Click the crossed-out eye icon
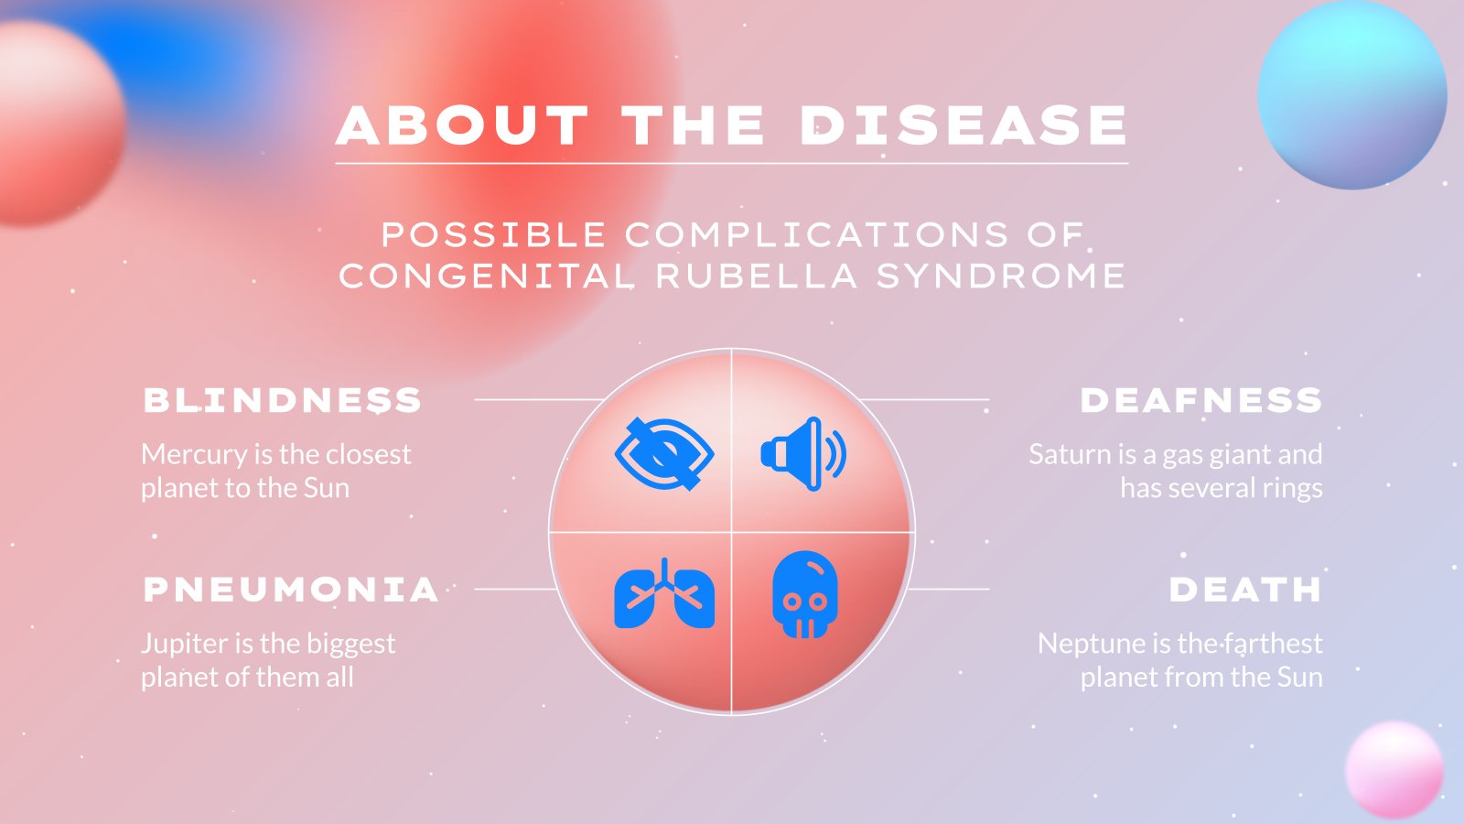(x=664, y=454)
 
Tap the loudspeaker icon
(x=803, y=454)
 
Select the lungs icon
(x=664, y=593)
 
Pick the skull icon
(x=805, y=594)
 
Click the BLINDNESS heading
(x=283, y=400)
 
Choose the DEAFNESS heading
(x=1201, y=400)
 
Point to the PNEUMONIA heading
(x=291, y=590)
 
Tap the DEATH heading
(x=1245, y=590)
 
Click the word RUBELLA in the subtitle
(x=756, y=276)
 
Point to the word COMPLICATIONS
(x=816, y=234)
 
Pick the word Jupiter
(x=185, y=645)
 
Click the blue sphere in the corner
(x=1351, y=95)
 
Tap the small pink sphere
(x=1394, y=770)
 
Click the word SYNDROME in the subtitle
(x=1001, y=276)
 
